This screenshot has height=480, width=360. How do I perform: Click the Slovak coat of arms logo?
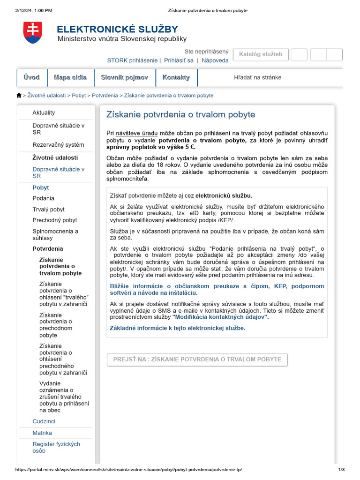click(32, 33)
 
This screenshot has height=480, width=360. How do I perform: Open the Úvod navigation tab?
click(31, 77)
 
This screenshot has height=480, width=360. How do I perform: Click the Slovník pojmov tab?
click(125, 77)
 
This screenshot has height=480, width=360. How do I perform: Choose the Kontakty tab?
click(176, 77)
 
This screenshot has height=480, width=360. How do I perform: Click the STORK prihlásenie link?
click(132, 60)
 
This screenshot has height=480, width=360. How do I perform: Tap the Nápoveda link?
click(215, 60)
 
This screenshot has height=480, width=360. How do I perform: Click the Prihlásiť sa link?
click(179, 60)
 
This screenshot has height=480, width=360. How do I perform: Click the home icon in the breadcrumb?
click(19, 95)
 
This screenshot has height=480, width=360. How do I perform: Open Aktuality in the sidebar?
click(44, 112)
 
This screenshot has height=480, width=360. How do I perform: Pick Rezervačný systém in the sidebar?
click(58, 145)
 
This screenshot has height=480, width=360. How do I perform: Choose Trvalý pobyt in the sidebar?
click(48, 210)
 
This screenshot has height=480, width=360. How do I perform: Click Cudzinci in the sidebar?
click(44, 421)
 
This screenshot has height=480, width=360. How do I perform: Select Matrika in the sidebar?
click(42, 433)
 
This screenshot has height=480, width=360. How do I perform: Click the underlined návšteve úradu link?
click(137, 133)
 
